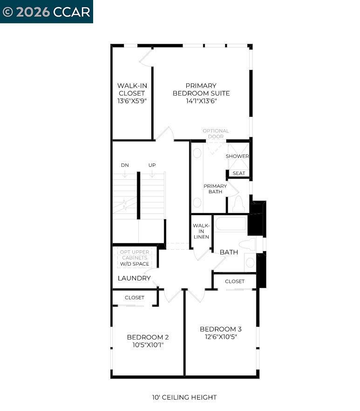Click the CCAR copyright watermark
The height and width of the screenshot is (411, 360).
[46, 12]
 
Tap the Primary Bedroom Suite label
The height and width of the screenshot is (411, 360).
[201, 89]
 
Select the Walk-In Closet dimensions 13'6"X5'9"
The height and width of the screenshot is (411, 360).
[132, 100]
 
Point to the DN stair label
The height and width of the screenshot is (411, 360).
[125, 165]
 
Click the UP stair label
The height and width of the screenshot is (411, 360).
[152, 165]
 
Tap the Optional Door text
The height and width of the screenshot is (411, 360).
[216, 134]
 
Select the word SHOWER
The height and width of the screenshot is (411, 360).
[238, 156]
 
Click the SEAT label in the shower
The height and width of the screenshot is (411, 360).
[239, 173]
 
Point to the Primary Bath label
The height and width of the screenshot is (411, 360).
[215, 189]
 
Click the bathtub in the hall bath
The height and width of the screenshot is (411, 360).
[231, 224]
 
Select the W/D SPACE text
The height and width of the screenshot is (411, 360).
[135, 264]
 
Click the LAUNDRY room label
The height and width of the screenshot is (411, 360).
[134, 278]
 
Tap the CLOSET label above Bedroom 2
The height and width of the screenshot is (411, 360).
[135, 297]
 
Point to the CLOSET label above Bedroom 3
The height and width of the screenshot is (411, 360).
[235, 281]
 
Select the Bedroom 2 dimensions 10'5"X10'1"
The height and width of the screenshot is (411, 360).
[148, 345]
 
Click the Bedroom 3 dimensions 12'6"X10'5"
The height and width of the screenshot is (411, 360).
[221, 337]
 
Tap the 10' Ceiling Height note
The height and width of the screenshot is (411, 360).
[184, 397]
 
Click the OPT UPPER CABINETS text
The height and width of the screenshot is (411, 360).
[135, 255]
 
